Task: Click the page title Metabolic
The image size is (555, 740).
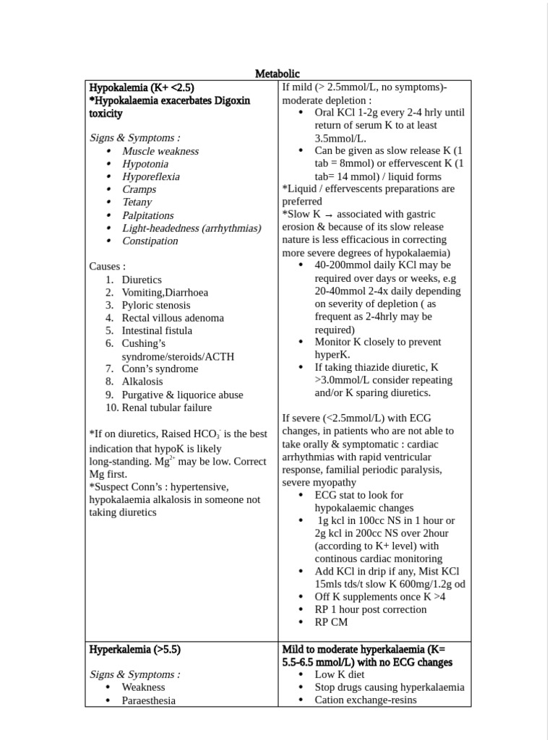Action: click(277, 74)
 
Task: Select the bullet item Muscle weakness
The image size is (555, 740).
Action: click(160, 151)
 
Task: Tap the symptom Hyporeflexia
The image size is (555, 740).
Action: click(151, 176)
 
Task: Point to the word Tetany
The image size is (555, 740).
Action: click(137, 202)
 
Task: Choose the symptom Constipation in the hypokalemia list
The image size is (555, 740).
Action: click(150, 241)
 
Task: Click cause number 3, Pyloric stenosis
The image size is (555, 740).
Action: click(156, 305)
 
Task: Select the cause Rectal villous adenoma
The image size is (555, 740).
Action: click(173, 318)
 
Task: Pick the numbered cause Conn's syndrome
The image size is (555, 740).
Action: click(160, 369)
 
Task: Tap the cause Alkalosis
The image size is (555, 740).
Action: click(142, 382)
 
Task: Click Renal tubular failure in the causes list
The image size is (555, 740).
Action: click(167, 408)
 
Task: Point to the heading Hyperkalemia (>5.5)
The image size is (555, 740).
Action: click(135, 649)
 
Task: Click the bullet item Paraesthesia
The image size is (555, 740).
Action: click(149, 700)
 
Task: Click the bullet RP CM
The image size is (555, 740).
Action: click(331, 621)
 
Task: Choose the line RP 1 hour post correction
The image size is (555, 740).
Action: click(371, 609)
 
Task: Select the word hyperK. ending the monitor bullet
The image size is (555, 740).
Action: click(332, 355)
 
